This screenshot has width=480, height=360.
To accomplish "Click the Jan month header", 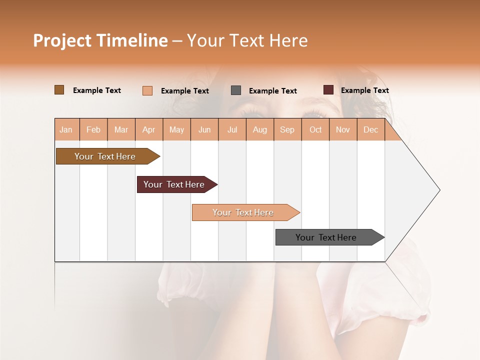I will (66, 129).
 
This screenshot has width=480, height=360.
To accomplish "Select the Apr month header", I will (149, 129).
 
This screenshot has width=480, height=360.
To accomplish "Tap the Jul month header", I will (232, 129).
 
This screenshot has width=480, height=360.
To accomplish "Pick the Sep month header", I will (287, 129).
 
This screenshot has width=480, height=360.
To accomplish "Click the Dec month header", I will (370, 129).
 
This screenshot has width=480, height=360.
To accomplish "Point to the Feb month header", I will (93, 129).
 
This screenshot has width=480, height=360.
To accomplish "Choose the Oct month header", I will (315, 129).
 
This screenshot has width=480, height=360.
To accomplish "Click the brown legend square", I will (59, 90).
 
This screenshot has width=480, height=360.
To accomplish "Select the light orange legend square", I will (147, 90).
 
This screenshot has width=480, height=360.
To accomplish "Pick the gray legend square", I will (236, 90).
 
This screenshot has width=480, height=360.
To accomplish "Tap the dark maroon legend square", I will (328, 90).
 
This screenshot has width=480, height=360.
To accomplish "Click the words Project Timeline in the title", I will (100, 40).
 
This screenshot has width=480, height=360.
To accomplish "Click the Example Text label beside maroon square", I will (364, 90).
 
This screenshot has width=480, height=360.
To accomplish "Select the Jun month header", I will (204, 129).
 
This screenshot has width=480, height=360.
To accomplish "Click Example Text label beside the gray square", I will (272, 91).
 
